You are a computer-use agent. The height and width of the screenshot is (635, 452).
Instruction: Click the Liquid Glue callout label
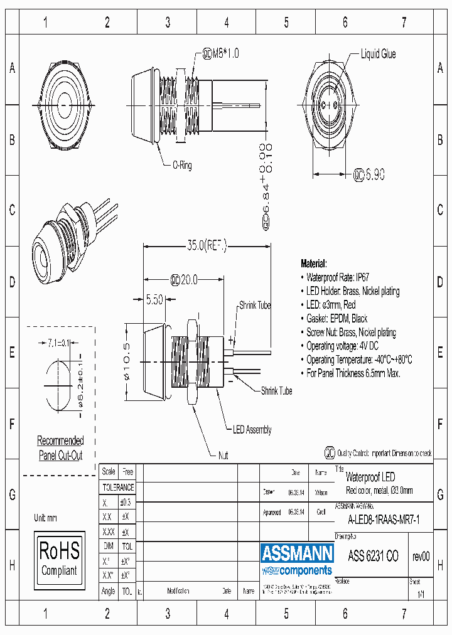(378, 55)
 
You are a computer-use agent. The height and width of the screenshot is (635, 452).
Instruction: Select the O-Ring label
(181, 166)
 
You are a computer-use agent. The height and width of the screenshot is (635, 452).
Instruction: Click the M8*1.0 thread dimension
(221, 54)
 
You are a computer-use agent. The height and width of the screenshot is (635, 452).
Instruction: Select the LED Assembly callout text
(252, 430)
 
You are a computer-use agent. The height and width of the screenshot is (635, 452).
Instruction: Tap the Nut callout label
(223, 456)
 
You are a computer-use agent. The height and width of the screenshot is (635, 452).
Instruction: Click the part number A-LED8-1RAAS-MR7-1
(384, 520)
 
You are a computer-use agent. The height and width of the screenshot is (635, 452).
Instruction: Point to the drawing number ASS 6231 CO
(373, 556)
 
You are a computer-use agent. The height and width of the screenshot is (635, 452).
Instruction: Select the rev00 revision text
(421, 556)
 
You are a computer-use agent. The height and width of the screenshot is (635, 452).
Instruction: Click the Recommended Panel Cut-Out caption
(60, 448)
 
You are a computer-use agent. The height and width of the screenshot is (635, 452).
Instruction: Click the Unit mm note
(46, 518)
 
